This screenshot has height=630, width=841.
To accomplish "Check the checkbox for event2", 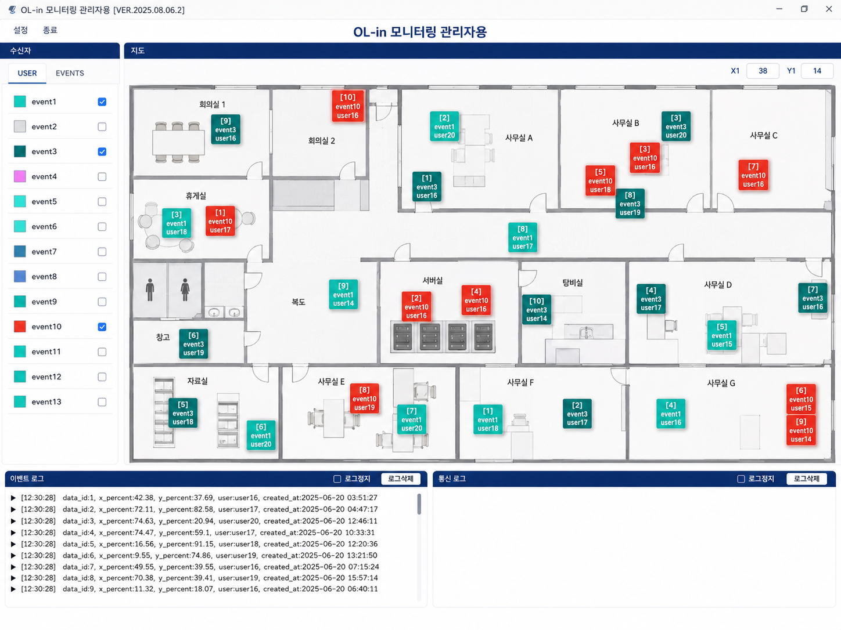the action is (x=102, y=126).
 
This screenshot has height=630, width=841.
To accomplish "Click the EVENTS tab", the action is (x=70, y=73).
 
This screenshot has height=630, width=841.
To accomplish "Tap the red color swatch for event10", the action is (x=20, y=327).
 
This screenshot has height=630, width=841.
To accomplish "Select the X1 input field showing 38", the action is (x=763, y=71).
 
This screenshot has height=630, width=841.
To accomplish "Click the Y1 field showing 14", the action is (x=817, y=71).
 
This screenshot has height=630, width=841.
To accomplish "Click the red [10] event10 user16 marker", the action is (x=348, y=106).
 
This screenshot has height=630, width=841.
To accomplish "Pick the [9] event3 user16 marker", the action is (x=226, y=129).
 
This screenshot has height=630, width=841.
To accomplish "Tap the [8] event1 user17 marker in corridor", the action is (x=523, y=237).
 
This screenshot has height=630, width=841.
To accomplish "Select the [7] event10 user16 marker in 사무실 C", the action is (x=753, y=175).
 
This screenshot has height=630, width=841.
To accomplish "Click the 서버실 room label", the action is (x=433, y=280).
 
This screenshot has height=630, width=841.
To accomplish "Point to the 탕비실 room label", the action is (x=573, y=283).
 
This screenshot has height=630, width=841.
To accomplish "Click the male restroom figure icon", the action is (x=150, y=290).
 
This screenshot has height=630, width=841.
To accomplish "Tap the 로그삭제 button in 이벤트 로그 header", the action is (x=401, y=479).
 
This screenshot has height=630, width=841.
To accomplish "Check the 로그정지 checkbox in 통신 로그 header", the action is (x=741, y=479).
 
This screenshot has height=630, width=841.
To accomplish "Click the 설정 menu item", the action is (x=21, y=30).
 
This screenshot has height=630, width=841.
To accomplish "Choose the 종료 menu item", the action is (x=50, y=30).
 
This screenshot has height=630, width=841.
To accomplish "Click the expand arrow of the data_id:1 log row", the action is (x=13, y=498).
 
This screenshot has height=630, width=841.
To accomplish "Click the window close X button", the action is (x=829, y=9).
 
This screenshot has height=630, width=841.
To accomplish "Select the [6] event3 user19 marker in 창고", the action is (x=193, y=344).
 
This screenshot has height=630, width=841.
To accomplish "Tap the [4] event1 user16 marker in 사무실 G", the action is (x=671, y=414).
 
